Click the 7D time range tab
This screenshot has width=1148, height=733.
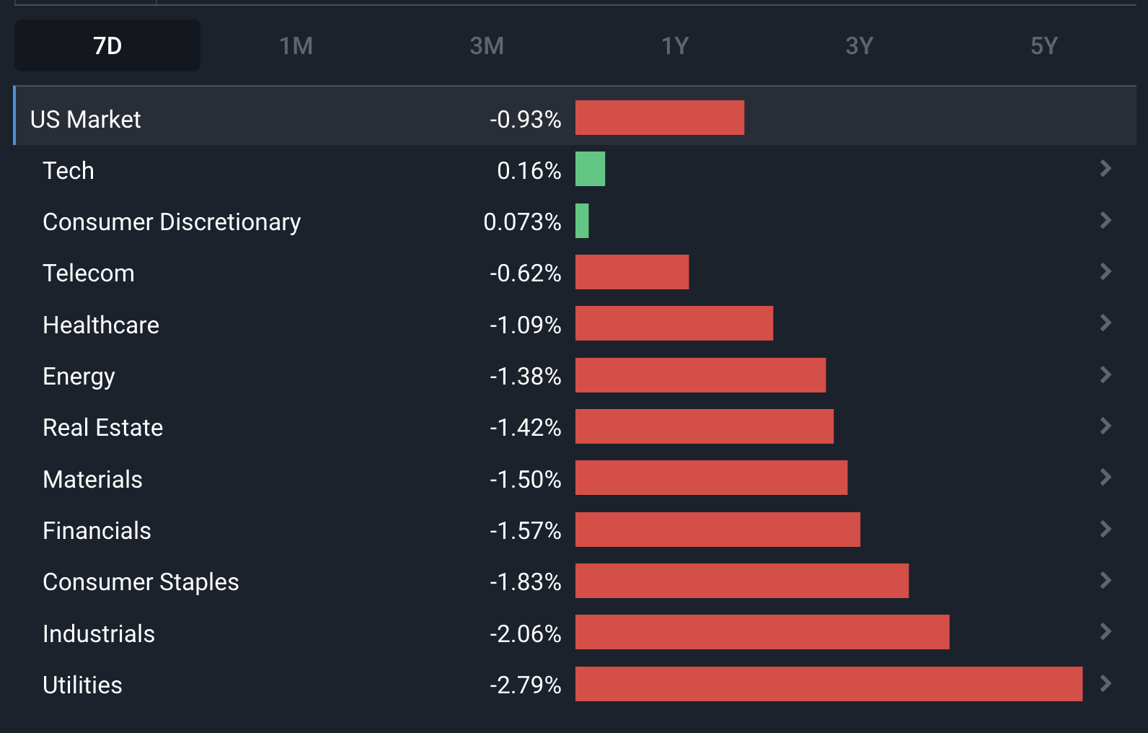point(107,45)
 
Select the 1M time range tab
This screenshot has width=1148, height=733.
point(296,45)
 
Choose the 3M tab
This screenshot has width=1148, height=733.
point(487,45)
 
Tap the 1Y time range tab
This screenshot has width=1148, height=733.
point(675,45)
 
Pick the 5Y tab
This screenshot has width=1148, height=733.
point(1043,45)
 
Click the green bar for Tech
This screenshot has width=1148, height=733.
point(590,170)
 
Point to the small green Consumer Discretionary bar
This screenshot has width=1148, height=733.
point(582,221)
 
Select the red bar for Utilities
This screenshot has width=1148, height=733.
point(829,684)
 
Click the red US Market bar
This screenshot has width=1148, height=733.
point(659,118)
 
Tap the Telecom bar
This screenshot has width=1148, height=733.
point(632,272)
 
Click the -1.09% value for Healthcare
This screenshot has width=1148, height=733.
point(525,325)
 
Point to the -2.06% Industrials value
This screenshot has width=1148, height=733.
point(525,633)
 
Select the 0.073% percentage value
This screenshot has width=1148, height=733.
point(522,221)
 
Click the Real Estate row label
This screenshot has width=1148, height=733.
point(103,427)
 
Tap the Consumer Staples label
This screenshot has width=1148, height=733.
point(141,581)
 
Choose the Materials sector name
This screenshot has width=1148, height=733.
point(92,479)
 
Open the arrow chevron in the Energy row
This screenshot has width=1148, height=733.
point(1105,374)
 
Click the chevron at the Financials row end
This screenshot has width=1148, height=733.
point(1105,529)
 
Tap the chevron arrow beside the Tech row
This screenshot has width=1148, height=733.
point(1105,169)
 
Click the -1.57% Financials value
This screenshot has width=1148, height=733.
point(525,530)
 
